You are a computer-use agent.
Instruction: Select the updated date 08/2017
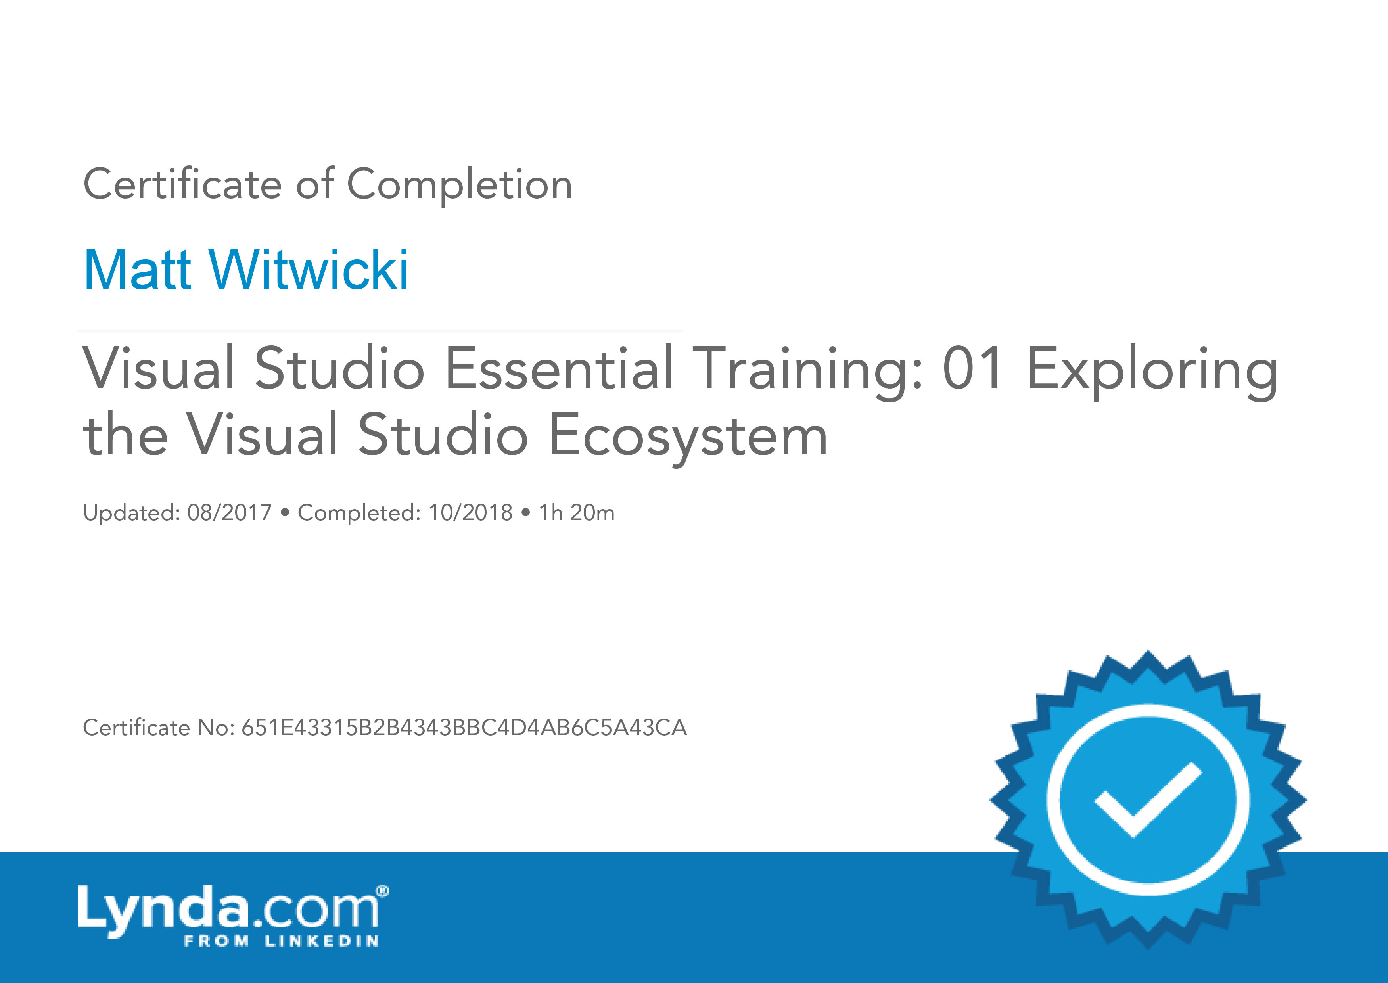click(x=229, y=513)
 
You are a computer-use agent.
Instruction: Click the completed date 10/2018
click(x=470, y=513)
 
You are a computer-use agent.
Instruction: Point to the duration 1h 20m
click(x=576, y=513)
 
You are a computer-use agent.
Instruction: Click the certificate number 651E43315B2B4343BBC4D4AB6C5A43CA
click(x=464, y=728)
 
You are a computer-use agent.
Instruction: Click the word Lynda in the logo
click(x=163, y=910)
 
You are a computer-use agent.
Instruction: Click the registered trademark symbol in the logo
click(x=382, y=891)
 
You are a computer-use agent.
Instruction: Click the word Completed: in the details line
click(x=359, y=513)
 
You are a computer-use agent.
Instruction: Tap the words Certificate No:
click(x=159, y=728)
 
